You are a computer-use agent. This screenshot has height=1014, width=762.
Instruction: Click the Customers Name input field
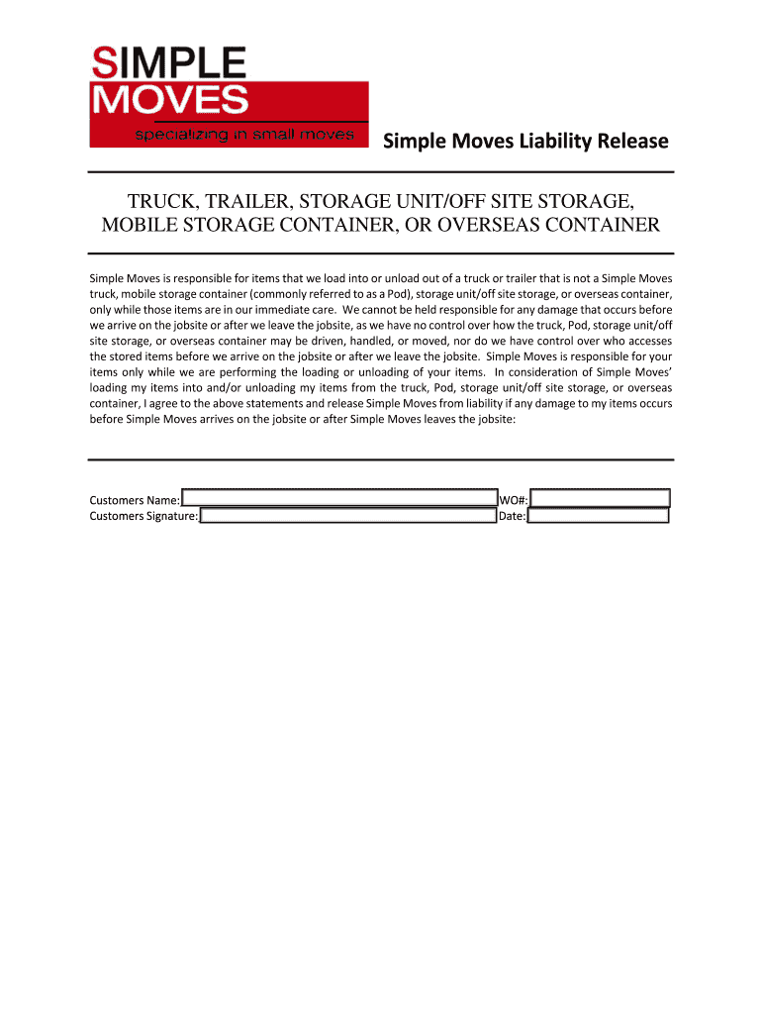coord(338,498)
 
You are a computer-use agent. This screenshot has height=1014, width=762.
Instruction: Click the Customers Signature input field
coord(347,516)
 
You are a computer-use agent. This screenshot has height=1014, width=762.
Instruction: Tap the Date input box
coord(599,516)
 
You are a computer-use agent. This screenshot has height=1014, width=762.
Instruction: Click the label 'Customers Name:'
coord(135,499)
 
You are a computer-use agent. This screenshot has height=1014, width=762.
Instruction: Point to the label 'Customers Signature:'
coord(143,516)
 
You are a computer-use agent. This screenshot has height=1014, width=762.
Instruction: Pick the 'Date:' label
coord(512,516)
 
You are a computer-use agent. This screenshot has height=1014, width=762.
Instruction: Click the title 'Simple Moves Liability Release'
coord(525,142)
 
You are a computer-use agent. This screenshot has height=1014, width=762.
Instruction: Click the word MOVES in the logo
coord(169,100)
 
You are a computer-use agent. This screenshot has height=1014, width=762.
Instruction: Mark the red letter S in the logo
coord(102,65)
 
